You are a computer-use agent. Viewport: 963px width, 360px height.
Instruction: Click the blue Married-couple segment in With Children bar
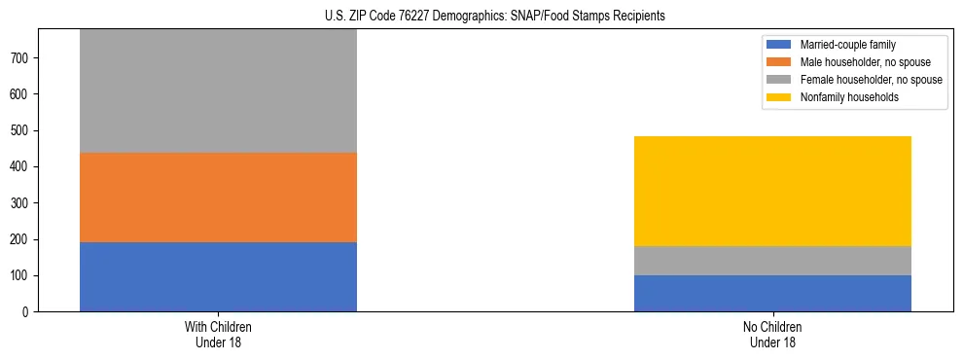pos(218,276)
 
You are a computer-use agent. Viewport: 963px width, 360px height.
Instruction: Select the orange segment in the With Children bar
pos(218,198)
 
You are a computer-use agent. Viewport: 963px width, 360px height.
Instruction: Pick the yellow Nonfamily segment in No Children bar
pos(772,191)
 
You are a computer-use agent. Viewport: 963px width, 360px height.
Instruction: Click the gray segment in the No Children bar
pos(772,261)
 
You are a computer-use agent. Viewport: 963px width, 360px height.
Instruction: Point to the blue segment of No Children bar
pos(772,293)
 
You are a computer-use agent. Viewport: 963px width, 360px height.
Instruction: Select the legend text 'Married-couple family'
pos(847,45)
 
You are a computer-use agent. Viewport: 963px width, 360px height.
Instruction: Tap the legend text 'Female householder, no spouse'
pos(871,80)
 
